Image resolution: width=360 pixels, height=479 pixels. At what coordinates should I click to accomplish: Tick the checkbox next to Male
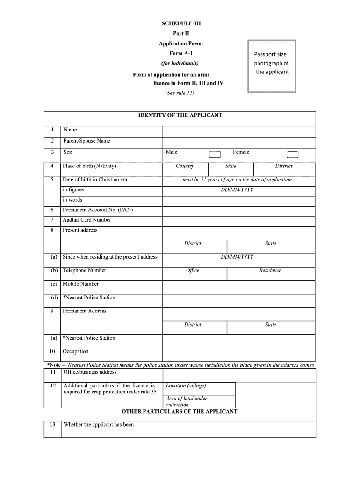point(215,155)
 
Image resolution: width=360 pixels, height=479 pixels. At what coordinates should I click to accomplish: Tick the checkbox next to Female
point(292,155)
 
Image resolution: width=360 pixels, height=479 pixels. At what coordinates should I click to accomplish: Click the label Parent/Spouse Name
point(86,141)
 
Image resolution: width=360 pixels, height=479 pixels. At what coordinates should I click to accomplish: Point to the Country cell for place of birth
point(185,166)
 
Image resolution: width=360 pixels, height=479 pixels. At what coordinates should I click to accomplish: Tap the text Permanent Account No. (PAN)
point(98,210)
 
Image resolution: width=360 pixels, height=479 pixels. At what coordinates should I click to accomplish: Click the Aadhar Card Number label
point(87,220)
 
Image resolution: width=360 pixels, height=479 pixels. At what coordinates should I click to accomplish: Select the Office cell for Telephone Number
point(193,270)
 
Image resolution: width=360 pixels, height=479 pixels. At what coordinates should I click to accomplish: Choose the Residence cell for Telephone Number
point(271,270)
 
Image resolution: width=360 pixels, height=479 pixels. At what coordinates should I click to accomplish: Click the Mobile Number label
point(81,284)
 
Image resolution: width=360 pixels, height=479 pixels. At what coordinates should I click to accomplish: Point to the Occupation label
point(76,351)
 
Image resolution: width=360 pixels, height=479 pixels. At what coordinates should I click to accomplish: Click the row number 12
point(53,385)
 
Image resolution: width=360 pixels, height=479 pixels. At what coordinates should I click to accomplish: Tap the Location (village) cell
point(186,386)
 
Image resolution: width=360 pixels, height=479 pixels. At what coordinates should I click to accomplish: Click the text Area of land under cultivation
point(187,401)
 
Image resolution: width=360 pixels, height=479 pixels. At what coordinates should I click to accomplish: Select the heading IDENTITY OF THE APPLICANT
point(180,115)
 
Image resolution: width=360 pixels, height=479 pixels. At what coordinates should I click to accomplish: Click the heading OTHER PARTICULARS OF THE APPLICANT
point(180,412)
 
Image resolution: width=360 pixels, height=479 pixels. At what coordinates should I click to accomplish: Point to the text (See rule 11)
point(180,93)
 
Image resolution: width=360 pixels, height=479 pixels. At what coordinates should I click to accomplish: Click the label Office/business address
point(90,372)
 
